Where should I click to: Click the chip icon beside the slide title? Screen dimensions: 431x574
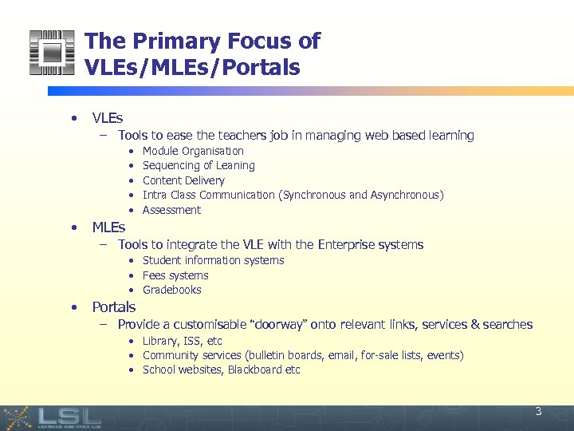pyautogui.click(x=51, y=53)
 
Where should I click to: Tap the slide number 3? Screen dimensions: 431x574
pyautogui.click(x=538, y=412)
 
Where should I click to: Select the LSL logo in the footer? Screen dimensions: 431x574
pyautogui.click(x=70, y=417)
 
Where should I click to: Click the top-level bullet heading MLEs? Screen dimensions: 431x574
pyautogui.click(x=108, y=228)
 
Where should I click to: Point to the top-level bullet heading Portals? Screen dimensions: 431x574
pyautogui.click(x=114, y=307)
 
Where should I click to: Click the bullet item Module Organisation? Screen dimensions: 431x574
pyautogui.click(x=193, y=151)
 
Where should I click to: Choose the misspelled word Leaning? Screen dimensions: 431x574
pyautogui.click(x=235, y=166)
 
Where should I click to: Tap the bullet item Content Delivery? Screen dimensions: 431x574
pyautogui.click(x=183, y=180)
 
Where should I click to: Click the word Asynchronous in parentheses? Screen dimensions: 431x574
pyautogui.click(x=405, y=195)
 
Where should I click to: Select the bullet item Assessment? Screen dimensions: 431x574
pyautogui.click(x=171, y=210)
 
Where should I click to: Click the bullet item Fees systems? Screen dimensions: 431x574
pyautogui.click(x=175, y=275)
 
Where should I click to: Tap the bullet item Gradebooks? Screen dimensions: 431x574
pyautogui.click(x=171, y=290)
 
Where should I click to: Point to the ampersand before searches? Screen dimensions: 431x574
pyautogui.click(x=475, y=325)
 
